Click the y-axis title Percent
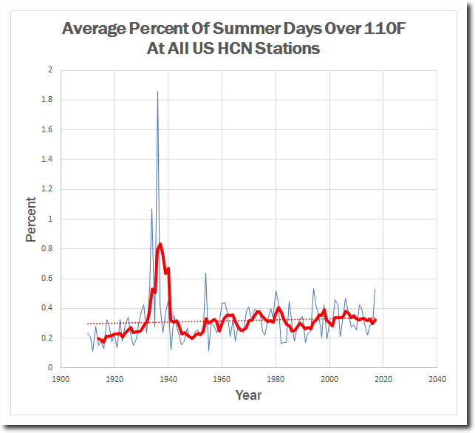(31, 219)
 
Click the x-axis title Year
(248, 395)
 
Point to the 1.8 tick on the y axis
(48, 100)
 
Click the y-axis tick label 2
(50, 70)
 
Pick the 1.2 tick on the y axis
(48, 189)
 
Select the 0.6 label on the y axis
(48, 279)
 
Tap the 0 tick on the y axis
(50, 367)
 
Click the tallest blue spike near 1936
(157, 92)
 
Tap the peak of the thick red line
(160, 244)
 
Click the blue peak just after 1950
(205, 273)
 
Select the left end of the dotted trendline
(87, 324)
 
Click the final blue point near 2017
(375, 289)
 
